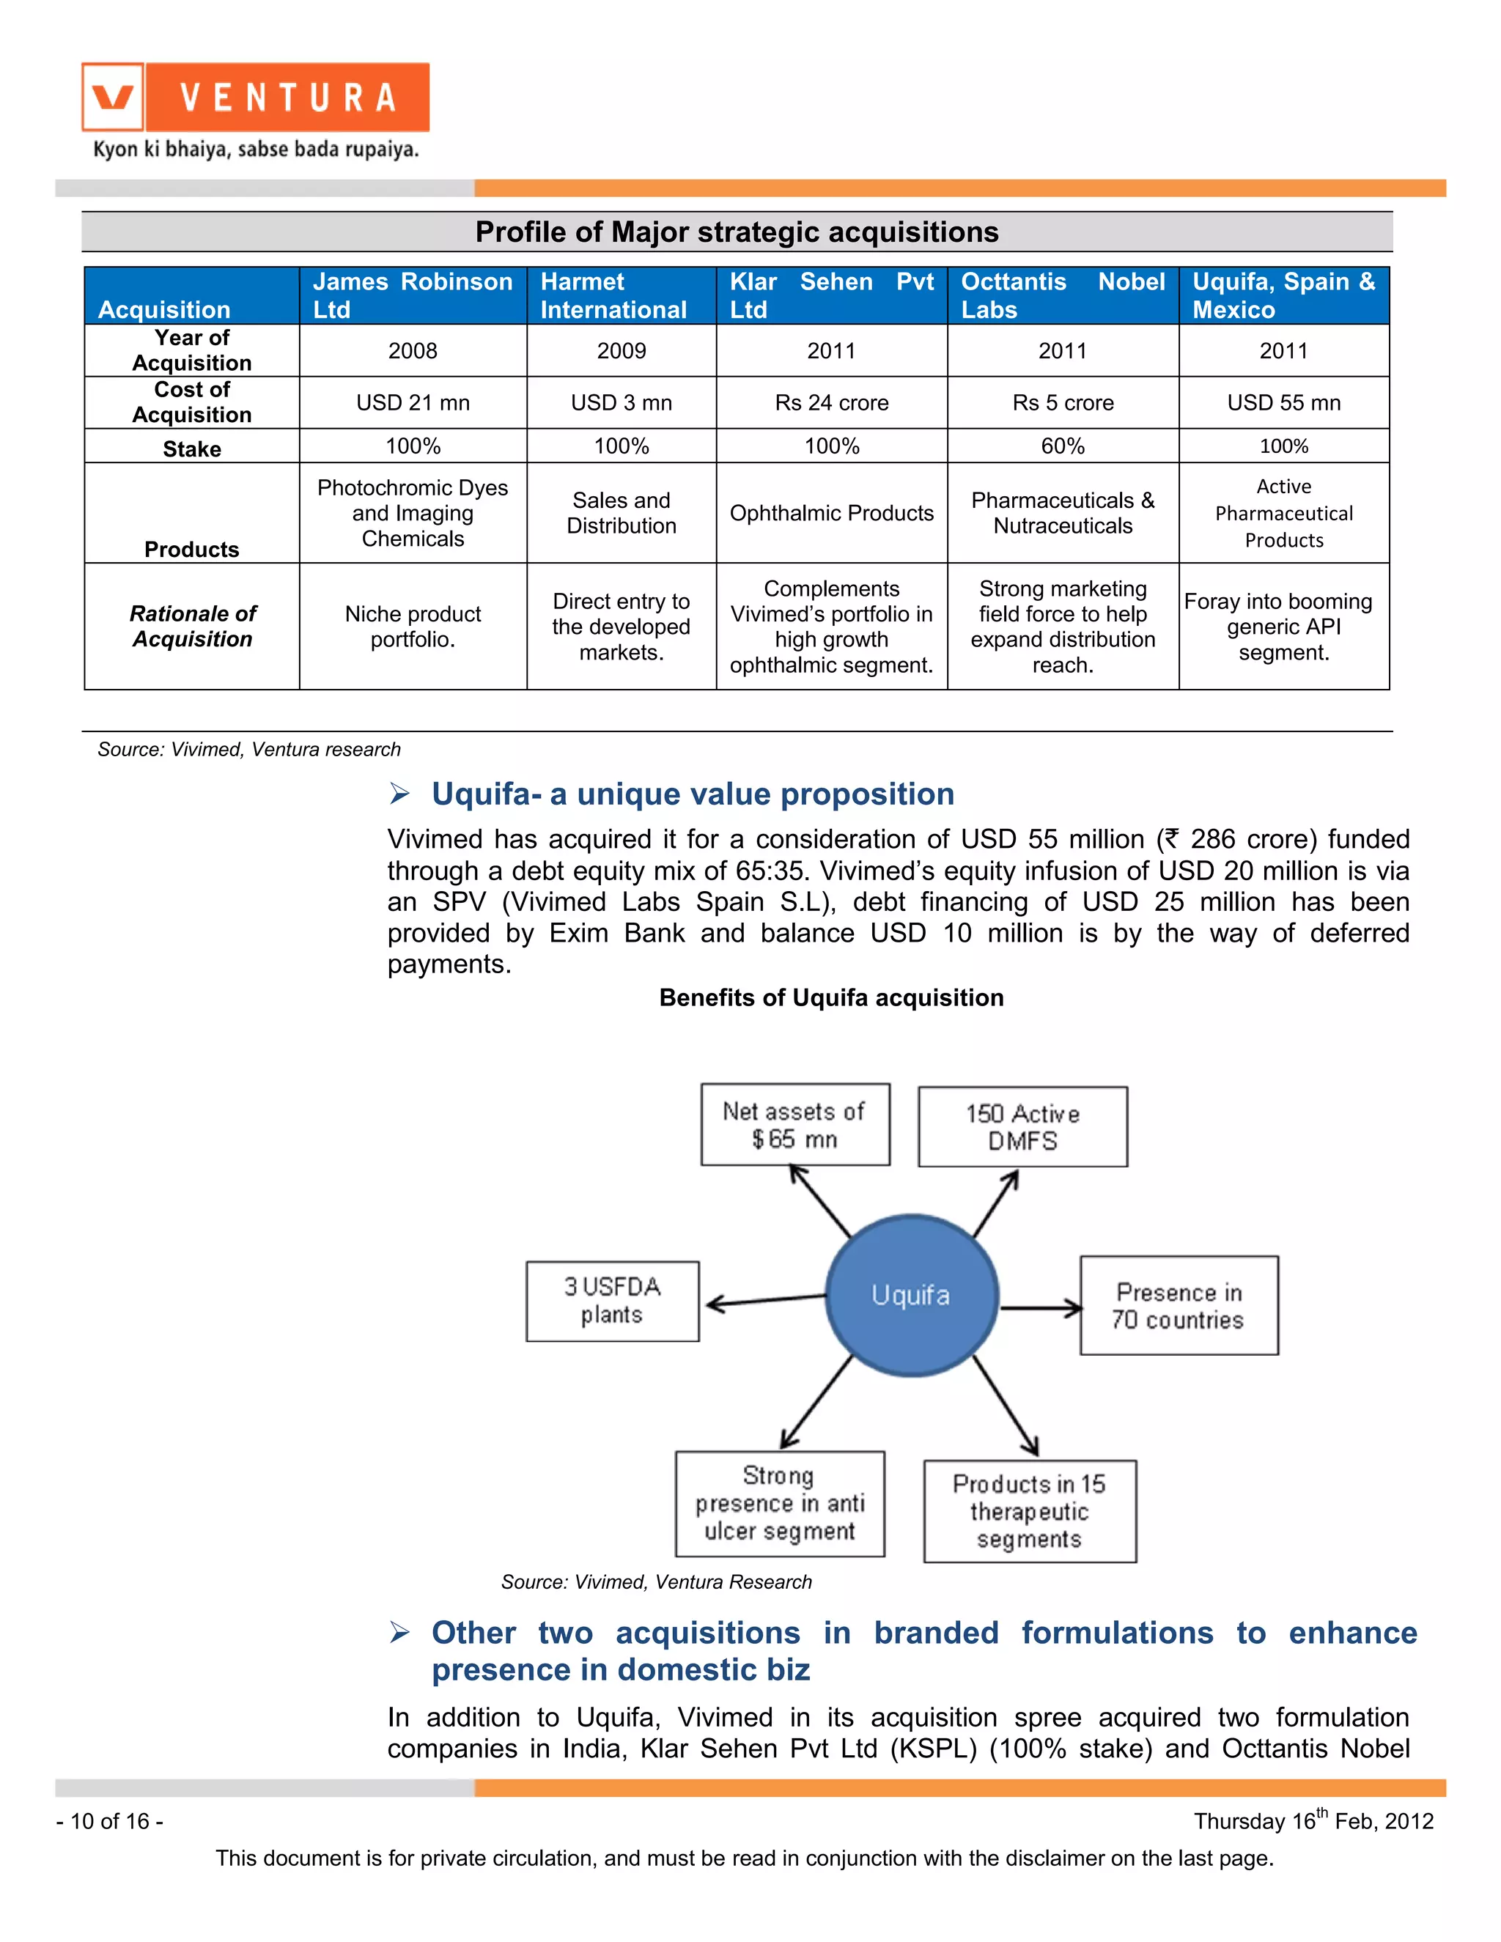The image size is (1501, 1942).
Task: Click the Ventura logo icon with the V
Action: click(x=113, y=97)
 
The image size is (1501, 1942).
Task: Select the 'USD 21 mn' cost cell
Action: click(x=413, y=403)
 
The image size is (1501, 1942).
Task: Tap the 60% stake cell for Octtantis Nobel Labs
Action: click(x=1063, y=446)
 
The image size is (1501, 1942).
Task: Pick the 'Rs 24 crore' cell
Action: click(x=831, y=403)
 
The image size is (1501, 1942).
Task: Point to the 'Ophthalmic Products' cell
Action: click(x=831, y=513)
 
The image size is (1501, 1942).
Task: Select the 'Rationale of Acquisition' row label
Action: click(x=192, y=626)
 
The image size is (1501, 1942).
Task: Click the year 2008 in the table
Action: click(x=413, y=350)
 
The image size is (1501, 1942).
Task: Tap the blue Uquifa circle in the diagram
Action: click(x=912, y=1295)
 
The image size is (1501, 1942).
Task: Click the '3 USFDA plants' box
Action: click(x=612, y=1300)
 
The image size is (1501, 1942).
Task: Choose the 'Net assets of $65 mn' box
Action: click(x=795, y=1124)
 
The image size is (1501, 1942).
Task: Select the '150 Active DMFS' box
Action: click(x=1022, y=1126)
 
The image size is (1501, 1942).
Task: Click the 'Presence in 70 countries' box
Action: click(x=1179, y=1305)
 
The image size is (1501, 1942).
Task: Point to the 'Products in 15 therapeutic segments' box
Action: click(x=1029, y=1511)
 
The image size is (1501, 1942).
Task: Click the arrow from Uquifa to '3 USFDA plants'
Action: click(x=764, y=1301)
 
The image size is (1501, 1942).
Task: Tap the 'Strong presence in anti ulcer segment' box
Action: click(x=780, y=1504)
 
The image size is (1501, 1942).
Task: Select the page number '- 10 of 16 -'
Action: click(x=109, y=1821)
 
